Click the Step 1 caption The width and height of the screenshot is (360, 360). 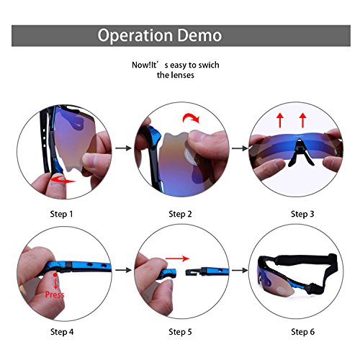tap(61, 214)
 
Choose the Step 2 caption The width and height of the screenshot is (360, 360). tap(181, 214)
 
